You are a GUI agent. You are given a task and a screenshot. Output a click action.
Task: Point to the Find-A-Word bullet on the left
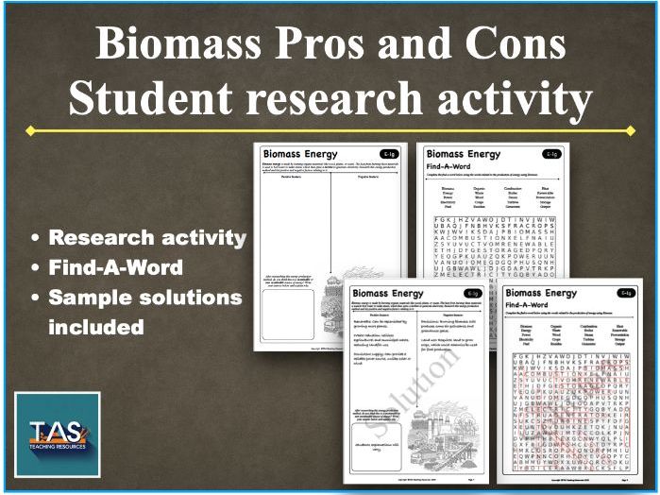click(117, 267)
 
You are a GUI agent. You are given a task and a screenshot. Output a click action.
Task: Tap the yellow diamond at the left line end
click(31, 130)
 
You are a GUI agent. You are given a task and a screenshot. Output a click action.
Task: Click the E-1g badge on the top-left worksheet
click(388, 154)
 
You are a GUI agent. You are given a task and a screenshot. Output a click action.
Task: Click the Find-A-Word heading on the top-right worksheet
click(451, 169)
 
